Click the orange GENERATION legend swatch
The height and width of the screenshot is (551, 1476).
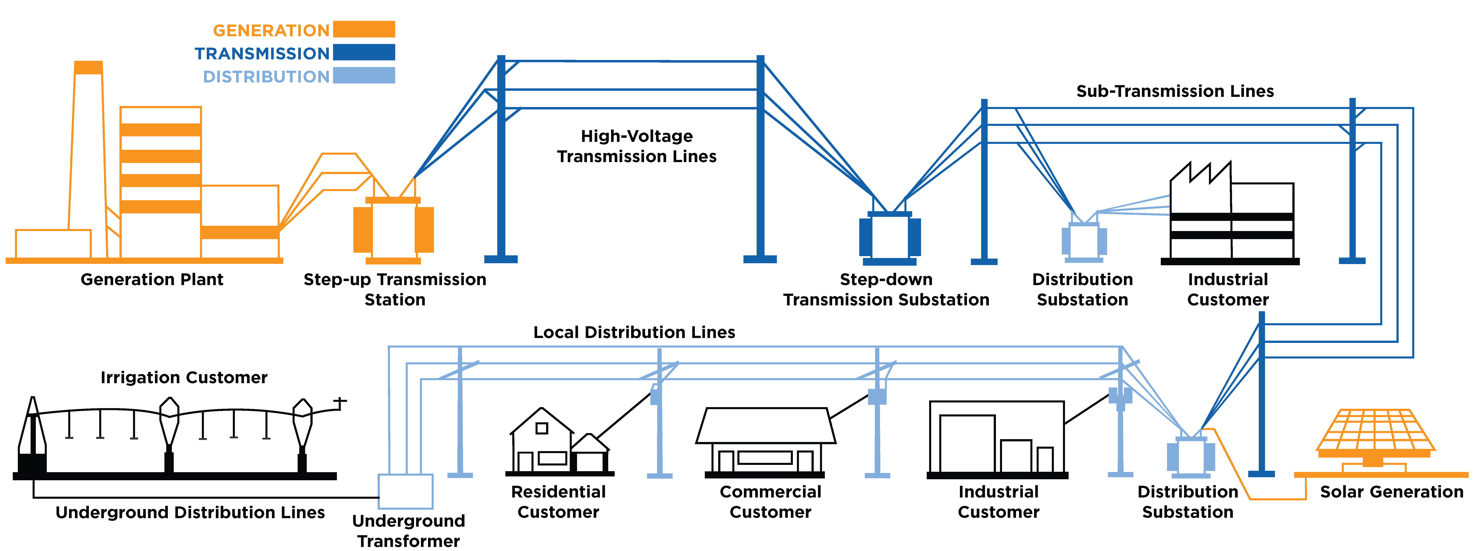364,29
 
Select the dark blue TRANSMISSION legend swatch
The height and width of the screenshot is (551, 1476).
364,52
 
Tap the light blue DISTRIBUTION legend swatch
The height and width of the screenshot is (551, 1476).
364,75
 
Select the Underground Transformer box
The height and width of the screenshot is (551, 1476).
406,491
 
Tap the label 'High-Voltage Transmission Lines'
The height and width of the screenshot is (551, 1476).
637,146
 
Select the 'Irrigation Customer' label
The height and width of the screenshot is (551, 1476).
184,377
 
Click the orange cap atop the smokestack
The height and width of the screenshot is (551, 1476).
89,68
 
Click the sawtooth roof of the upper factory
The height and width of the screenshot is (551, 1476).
1200,172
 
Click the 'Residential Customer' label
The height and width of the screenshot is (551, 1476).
558,502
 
